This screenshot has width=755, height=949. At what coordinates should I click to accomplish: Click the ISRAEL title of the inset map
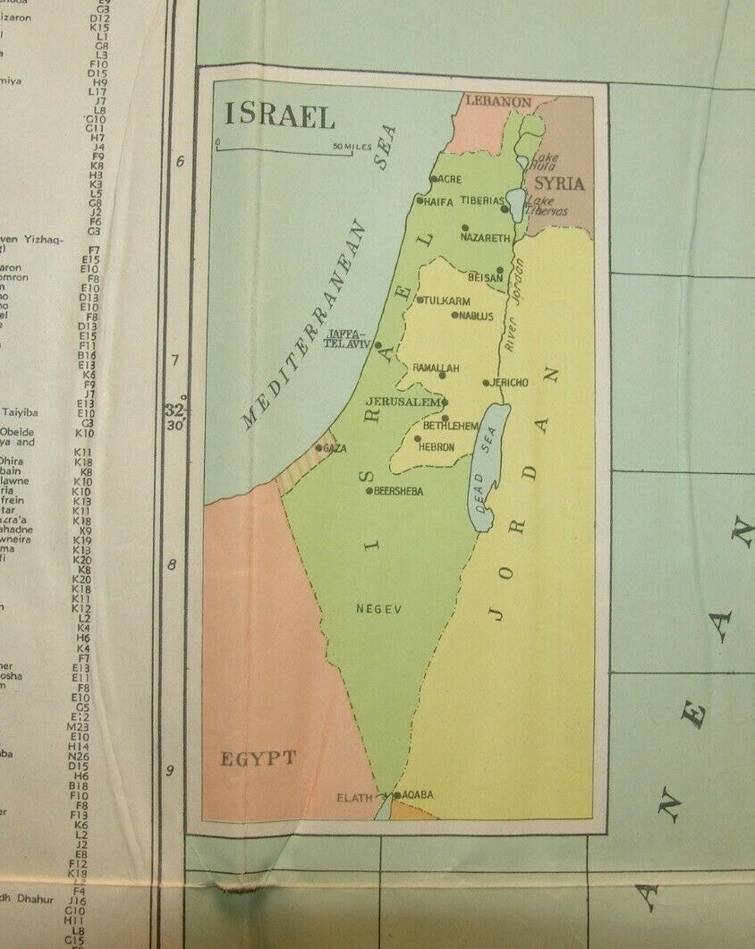pyautogui.click(x=280, y=115)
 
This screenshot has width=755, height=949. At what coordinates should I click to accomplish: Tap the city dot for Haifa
pyautogui.click(x=419, y=200)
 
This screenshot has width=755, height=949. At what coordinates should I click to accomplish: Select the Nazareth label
pyautogui.click(x=485, y=239)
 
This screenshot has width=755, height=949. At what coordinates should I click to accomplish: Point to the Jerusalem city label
pyautogui.click(x=403, y=402)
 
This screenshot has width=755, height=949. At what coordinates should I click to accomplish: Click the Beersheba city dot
pyautogui.click(x=369, y=490)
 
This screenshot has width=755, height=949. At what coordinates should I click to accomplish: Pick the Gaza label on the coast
pyautogui.click(x=335, y=448)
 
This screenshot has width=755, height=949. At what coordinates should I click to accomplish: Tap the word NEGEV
pyautogui.click(x=379, y=609)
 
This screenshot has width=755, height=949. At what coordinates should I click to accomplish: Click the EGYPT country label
pyautogui.click(x=258, y=759)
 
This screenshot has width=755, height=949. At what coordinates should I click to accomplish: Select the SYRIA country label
pyautogui.click(x=559, y=184)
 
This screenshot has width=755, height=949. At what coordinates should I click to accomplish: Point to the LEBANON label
pyautogui.click(x=498, y=102)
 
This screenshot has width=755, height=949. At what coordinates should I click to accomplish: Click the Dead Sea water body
pyautogui.click(x=488, y=465)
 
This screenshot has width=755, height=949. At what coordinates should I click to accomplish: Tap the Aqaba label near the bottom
pyautogui.click(x=418, y=794)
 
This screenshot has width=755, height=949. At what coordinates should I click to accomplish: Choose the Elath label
pyautogui.click(x=353, y=797)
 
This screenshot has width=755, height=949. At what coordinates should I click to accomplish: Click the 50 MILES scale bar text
pyautogui.click(x=350, y=146)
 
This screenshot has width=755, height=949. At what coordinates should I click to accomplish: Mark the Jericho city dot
pyautogui.click(x=486, y=383)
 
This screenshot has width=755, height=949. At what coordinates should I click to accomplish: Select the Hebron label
pyautogui.click(x=437, y=446)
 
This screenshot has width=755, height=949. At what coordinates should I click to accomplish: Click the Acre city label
pyautogui.click(x=448, y=179)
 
